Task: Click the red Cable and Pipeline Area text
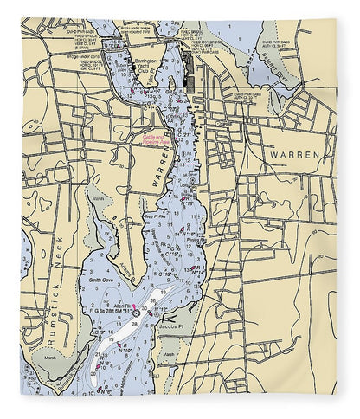click(x=157, y=137)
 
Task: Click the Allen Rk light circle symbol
click(x=134, y=313)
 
